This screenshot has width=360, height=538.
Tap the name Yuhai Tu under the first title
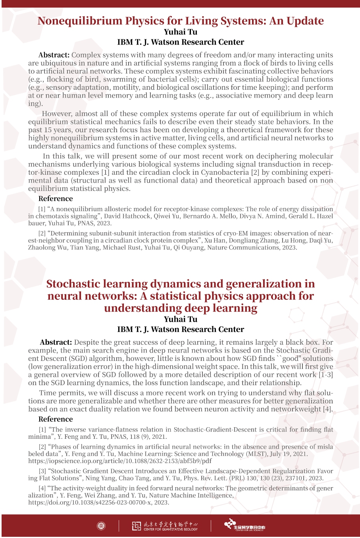180,32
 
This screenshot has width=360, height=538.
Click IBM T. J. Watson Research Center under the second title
180,330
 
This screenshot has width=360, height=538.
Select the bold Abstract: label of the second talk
56,342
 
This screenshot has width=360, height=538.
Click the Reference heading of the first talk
56,199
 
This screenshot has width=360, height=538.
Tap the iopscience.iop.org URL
119,461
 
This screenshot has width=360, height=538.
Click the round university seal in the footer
101,526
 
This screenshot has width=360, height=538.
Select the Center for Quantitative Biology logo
165,526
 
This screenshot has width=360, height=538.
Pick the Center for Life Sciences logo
244,525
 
